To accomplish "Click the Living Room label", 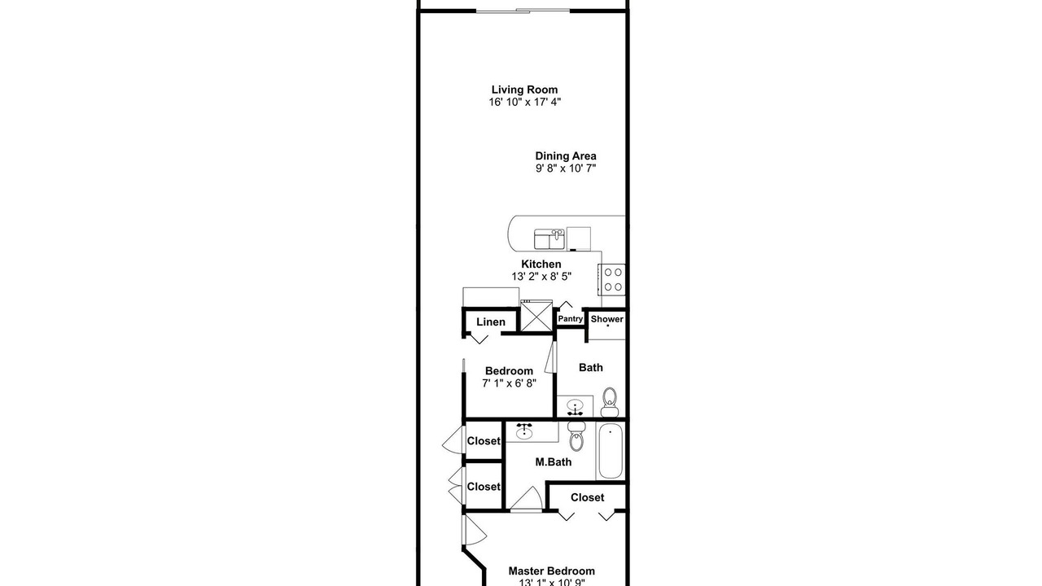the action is coord(524,90).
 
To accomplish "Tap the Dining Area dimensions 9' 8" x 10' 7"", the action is coord(565,168).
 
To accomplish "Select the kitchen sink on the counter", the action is coord(549,239).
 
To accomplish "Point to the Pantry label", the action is coord(571,318).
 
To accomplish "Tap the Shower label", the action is coord(606,319).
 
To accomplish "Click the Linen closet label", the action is coord(490,321).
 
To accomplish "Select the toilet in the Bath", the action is coord(610,402).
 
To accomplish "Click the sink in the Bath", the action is coord(575,406).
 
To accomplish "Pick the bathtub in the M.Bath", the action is coord(611,451).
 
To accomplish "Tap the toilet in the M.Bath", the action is coord(576,435).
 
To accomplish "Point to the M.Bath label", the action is coord(553,461).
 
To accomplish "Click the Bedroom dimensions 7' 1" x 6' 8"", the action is coord(510,383).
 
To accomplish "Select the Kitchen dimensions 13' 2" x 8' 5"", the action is coord(541,276).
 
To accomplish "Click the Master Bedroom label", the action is coord(551,571).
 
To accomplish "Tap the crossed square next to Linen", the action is coord(536,317).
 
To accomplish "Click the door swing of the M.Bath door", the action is coord(528,498).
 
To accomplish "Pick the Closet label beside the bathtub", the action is coord(587,497).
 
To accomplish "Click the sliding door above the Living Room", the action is coord(523,11).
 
